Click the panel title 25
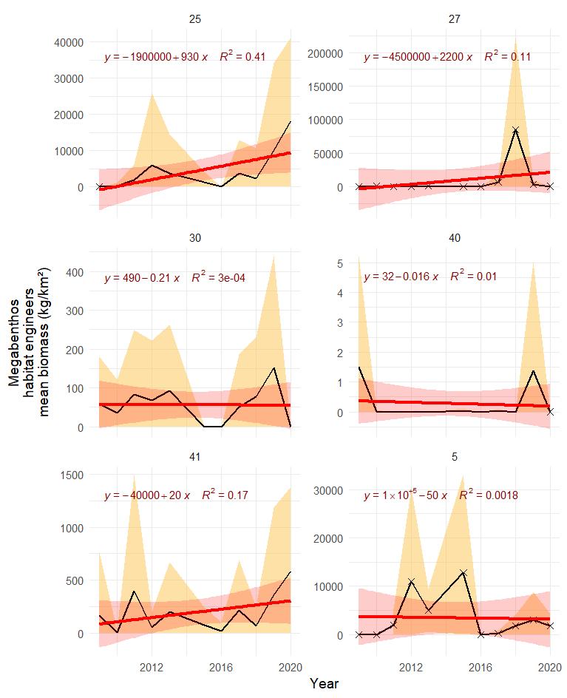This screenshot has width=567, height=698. tap(194, 18)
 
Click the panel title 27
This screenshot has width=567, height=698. tap(454, 18)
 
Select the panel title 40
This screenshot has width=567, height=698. tap(454, 238)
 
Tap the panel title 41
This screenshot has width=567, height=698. tap(194, 457)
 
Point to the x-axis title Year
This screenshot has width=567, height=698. tap(325, 684)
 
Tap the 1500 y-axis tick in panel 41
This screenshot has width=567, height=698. tap(74, 475)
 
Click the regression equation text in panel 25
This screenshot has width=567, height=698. tap(156, 58)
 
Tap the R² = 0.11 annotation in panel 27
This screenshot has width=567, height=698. tap(508, 56)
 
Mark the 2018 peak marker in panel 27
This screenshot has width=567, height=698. tap(515, 130)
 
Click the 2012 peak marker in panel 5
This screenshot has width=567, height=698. tap(411, 582)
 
